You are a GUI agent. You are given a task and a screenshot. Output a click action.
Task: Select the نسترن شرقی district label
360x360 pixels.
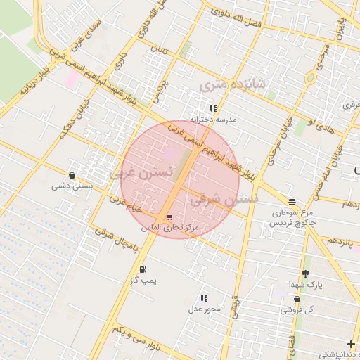pyautogui.click(x=224, y=199)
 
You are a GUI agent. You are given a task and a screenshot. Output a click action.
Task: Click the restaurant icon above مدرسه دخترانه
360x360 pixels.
pyautogui.click(x=213, y=108)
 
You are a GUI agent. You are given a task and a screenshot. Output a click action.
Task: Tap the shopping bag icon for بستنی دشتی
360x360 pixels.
pyautogui.click(x=72, y=175)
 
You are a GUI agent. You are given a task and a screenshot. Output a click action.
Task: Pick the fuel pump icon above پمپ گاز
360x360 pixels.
pyautogui.click(x=143, y=269)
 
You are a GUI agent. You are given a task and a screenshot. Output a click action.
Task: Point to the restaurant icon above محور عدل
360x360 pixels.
pyautogui.click(x=205, y=298)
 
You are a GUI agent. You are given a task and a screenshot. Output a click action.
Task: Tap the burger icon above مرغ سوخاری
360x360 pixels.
pyautogui.click(x=292, y=201)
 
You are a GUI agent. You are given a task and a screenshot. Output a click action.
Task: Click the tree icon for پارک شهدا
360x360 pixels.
pyautogui.click(x=304, y=274)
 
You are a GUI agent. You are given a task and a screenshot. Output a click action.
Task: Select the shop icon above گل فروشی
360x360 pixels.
pyautogui.click(x=297, y=298)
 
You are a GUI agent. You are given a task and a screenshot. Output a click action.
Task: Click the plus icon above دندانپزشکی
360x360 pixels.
pyautogui.click(x=351, y=344)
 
